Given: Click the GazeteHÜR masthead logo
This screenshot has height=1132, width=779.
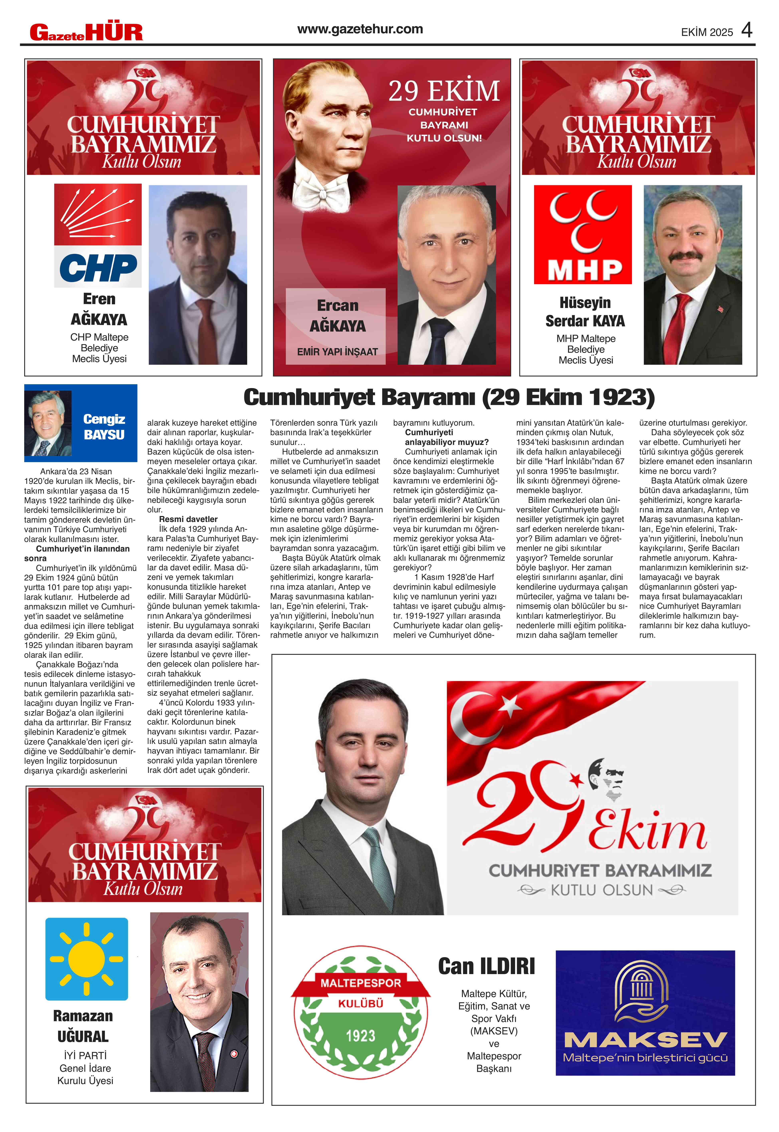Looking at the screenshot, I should click(x=86, y=32).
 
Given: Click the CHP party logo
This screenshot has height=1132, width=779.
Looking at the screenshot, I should click(x=98, y=235).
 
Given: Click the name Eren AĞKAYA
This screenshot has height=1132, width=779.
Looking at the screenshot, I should click(x=99, y=309).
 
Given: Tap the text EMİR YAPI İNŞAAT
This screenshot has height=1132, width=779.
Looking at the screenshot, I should click(x=337, y=352).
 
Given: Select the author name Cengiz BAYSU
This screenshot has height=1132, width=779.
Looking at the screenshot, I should click(x=104, y=427).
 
